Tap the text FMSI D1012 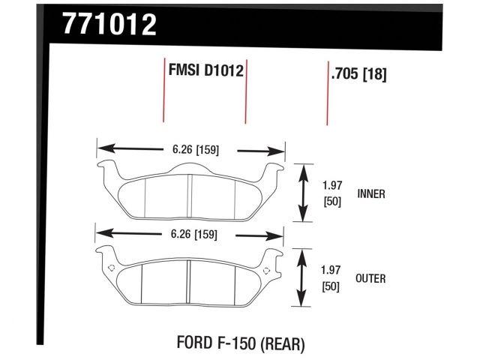click(205, 73)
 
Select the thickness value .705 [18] click(358, 74)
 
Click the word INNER click(371, 193)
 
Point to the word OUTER click(371, 278)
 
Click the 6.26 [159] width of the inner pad click(193, 149)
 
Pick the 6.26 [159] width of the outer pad click(193, 234)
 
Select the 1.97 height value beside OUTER click(332, 271)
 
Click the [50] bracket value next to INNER click(332, 202)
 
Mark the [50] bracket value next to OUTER click(332, 287)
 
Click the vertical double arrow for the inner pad click(303, 192)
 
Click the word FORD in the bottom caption click(193, 344)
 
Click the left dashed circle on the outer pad click(111, 268)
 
